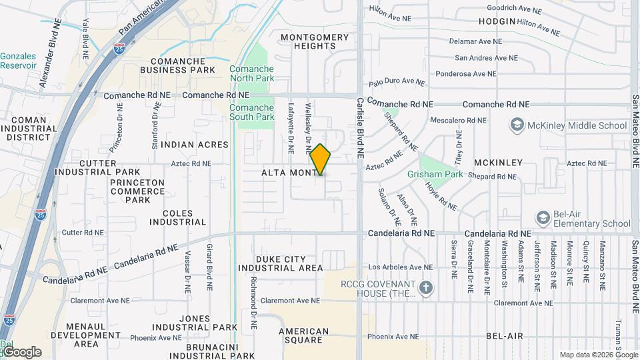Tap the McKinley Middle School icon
point(517,125)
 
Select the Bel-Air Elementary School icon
point(543,218)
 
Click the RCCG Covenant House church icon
point(425,288)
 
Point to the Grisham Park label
point(435,174)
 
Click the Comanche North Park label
point(251,73)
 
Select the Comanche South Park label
point(251,112)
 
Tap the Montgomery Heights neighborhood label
point(313,41)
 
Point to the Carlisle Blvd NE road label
point(359,127)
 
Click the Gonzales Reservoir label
point(19,61)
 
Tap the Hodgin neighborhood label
point(497,21)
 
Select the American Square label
point(303,335)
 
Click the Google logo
point(21,352)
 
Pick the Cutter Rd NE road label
point(83,233)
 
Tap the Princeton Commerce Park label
point(137,191)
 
